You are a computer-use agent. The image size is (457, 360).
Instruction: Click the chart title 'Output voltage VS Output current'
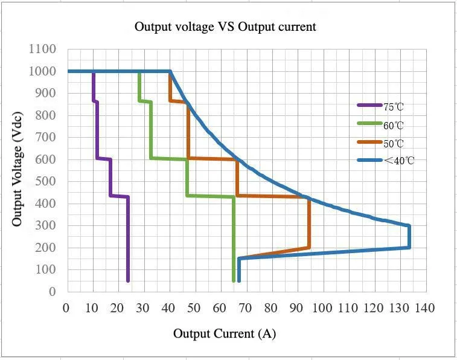[225, 27]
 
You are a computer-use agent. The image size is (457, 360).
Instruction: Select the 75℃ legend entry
[393, 106]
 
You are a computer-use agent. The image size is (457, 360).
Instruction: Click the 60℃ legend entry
[393, 125]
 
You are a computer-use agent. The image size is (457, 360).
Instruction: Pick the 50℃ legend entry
[393, 143]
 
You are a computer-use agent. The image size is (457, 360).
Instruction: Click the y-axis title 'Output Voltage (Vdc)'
[18, 169]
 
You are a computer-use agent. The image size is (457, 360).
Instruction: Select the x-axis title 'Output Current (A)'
[225, 333]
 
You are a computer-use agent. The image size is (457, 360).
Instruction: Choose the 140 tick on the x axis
[424, 308]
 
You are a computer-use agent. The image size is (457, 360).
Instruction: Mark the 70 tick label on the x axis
[245, 308]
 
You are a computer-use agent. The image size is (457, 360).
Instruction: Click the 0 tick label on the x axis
[66, 308]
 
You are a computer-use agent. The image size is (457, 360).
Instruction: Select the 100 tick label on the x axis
[322, 308]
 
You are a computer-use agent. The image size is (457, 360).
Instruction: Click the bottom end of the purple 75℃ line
[128, 280]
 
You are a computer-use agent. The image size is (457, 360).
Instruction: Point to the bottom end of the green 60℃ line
[234, 280]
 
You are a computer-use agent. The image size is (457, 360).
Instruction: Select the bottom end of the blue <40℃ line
[239, 280]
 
